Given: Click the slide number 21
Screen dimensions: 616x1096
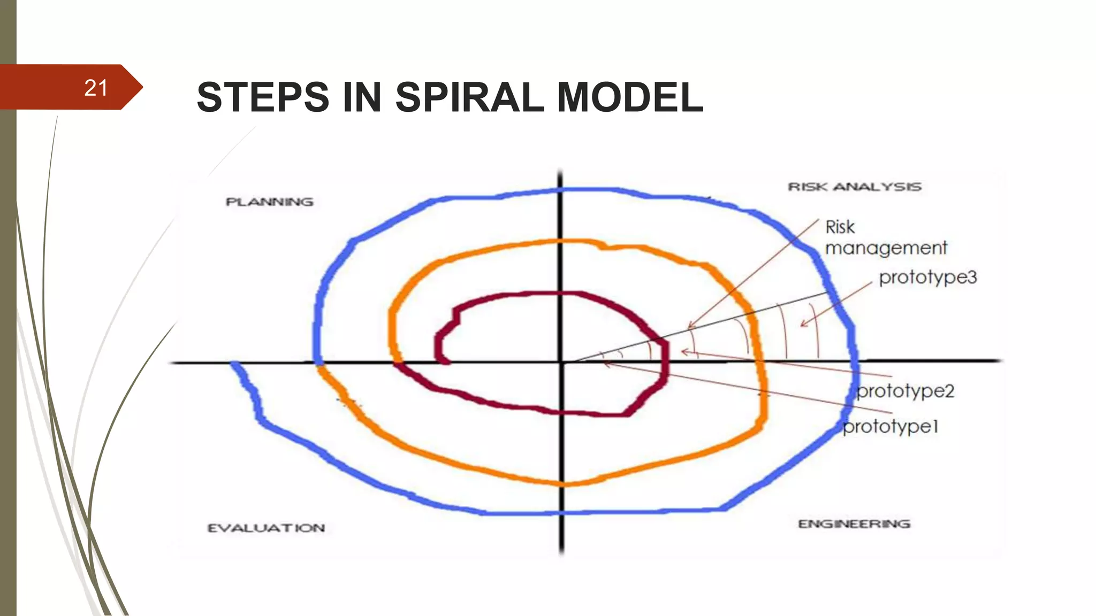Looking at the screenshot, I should coord(96,88).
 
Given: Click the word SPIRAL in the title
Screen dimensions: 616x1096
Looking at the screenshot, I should coord(469,97).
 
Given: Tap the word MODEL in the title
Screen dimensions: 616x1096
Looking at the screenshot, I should coord(630,97).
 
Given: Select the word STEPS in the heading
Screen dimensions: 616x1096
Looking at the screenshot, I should coord(263,97).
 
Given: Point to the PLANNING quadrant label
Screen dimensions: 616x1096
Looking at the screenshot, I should coord(269,202).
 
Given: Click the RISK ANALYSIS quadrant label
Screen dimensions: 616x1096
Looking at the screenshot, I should coord(855,187).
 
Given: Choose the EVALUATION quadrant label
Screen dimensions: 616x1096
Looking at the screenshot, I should coord(266,528).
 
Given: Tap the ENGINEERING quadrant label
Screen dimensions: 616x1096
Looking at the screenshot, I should coord(854,524).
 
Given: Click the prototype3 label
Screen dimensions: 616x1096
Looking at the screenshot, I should coord(928,277).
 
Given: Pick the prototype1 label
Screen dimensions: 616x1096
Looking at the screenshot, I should coord(890,427).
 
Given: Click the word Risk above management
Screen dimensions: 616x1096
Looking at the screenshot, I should coord(840,227).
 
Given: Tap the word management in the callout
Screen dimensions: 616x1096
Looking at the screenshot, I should coord(886,248).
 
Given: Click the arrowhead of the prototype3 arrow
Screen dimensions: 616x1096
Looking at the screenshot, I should coord(802,325).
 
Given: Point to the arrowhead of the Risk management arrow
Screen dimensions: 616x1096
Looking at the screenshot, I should coord(689,327).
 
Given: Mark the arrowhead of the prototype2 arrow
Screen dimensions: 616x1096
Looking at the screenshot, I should coord(682,352).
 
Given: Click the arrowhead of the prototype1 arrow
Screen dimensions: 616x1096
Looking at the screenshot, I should coord(605,364).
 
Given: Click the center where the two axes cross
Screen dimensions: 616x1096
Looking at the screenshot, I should coord(561,362).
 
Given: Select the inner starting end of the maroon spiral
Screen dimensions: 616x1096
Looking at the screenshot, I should coord(445,362).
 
